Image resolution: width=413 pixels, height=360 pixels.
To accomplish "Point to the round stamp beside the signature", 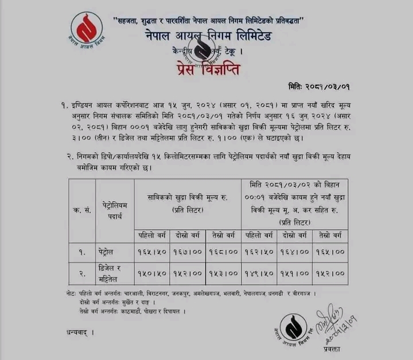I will (x=291, y=329).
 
